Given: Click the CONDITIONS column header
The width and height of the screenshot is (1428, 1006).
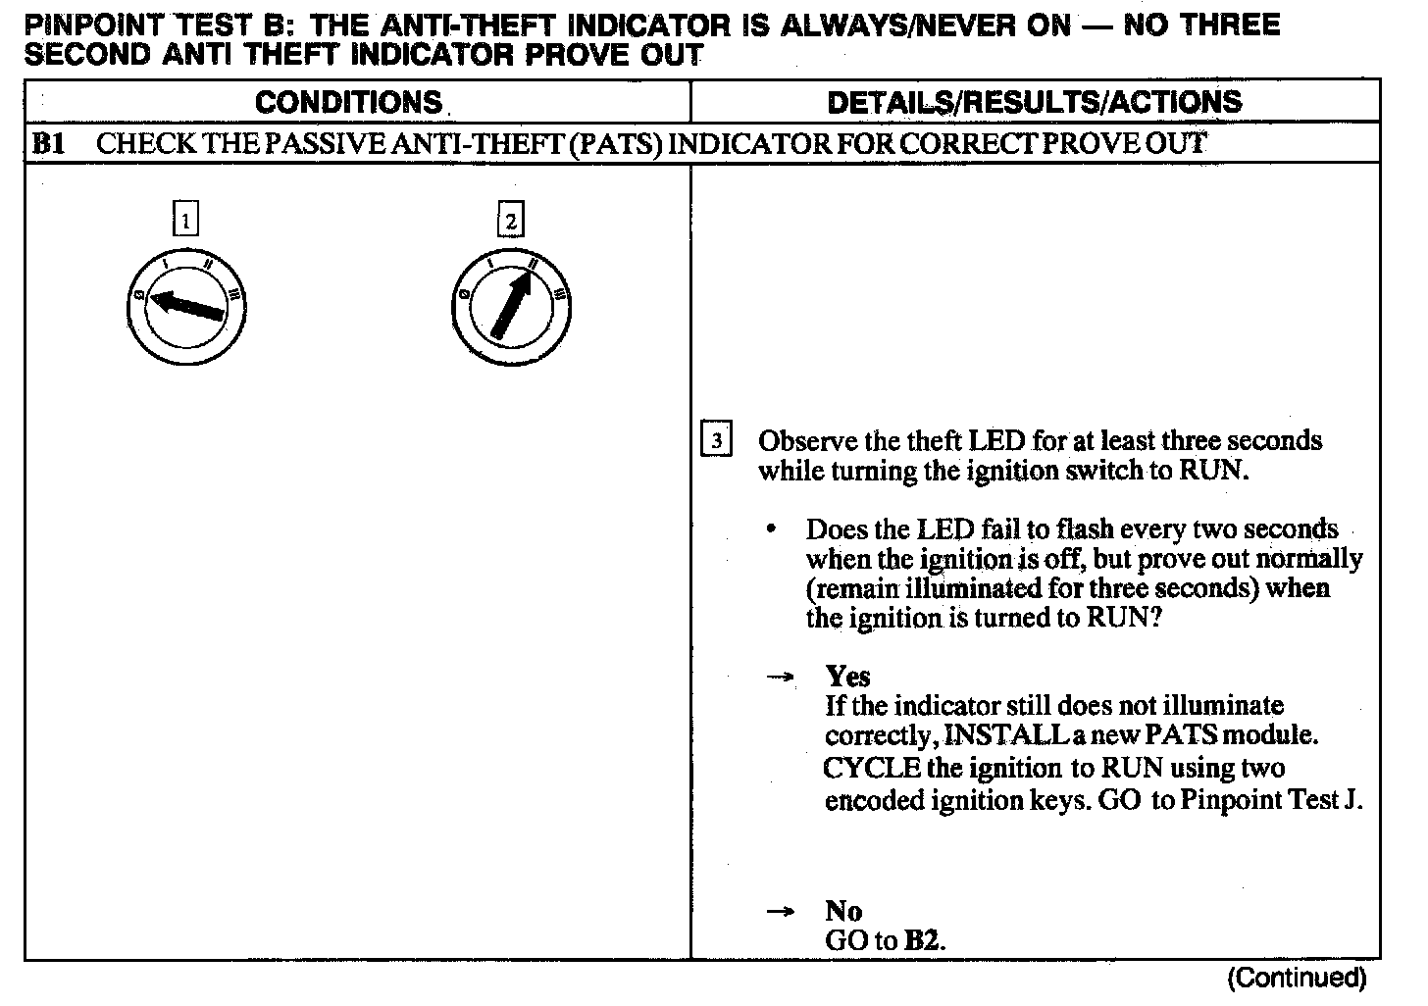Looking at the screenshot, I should click(349, 102).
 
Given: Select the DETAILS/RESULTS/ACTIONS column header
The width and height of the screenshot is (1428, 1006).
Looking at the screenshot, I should click(1035, 102).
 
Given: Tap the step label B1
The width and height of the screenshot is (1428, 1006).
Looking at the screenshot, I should click(48, 144).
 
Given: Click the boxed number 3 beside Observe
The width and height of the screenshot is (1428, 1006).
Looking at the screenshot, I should click(716, 441).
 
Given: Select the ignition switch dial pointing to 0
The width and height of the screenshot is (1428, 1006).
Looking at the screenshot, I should click(185, 308).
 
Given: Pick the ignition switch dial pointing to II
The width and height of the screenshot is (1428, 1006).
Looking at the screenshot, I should click(510, 308).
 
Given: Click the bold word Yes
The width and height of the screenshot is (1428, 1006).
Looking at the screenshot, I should click(847, 676).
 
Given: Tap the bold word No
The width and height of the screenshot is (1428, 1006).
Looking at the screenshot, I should click(843, 911).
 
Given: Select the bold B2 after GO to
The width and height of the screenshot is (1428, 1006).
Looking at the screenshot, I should click(923, 941).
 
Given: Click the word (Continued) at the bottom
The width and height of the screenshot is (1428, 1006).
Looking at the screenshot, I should click(1297, 978).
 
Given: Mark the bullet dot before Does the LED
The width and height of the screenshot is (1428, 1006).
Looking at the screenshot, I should click(773, 529).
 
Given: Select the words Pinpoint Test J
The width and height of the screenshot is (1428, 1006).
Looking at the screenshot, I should click(1271, 800).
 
